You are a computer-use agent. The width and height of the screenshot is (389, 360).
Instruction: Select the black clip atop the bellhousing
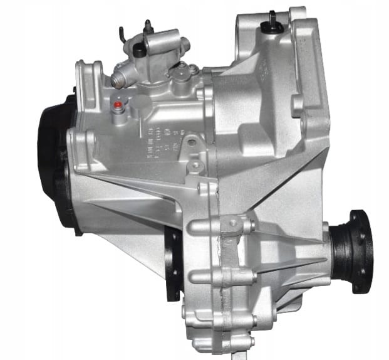click(274, 18)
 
